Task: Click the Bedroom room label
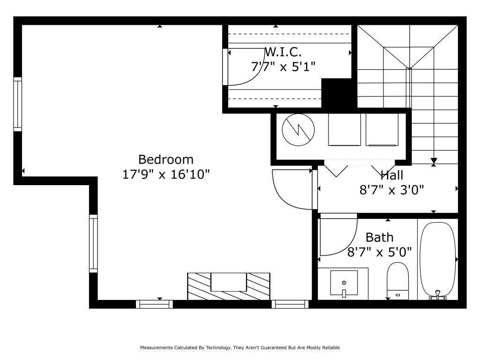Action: tap(165, 159)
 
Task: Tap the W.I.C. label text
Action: tap(283, 52)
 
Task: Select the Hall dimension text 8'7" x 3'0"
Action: tap(391, 190)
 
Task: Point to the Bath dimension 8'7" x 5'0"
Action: tap(379, 252)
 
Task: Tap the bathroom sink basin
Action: tap(344, 283)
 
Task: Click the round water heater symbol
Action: tap(298, 130)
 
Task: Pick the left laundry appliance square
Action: tap(345, 129)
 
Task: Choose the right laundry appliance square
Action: tap(382, 129)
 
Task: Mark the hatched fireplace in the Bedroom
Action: tap(229, 286)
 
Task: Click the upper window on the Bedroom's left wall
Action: tap(18, 104)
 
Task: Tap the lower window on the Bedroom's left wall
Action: tap(93, 243)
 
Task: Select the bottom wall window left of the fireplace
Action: tap(154, 304)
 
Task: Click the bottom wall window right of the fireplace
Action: tap(290, 304)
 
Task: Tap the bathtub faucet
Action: tap(438, 294)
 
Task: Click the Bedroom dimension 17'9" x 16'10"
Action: tap(166, 174)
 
